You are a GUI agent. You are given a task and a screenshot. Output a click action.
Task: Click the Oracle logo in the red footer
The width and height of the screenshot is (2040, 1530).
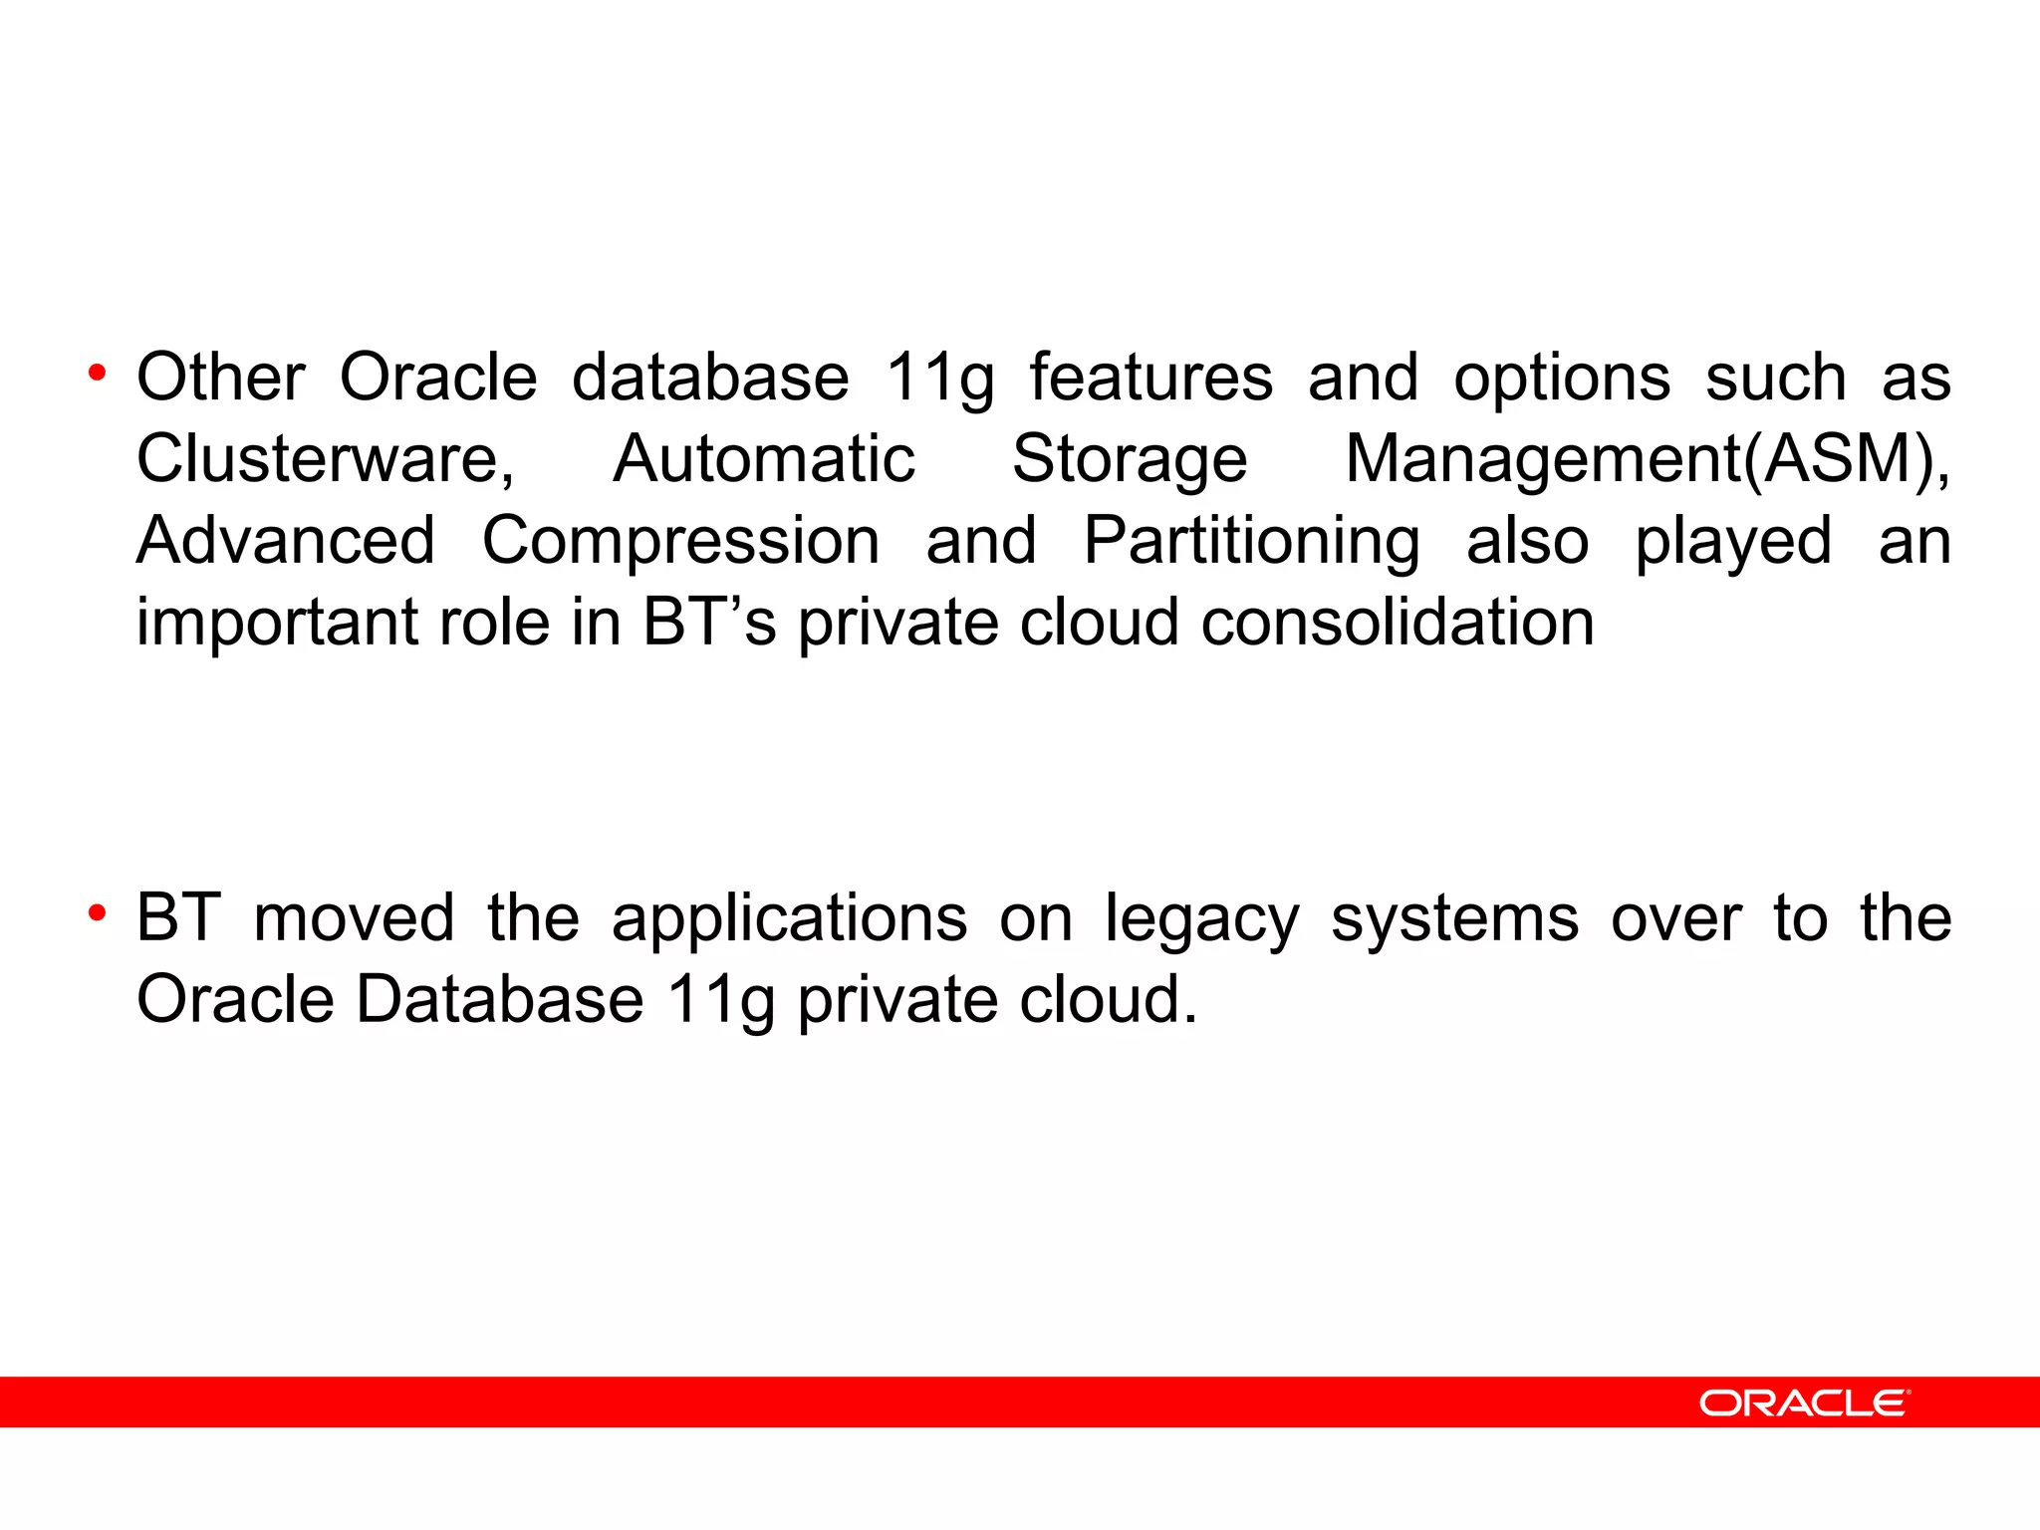(1804, 1402)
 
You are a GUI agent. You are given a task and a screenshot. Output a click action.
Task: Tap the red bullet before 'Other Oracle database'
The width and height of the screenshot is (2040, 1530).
(97, 375)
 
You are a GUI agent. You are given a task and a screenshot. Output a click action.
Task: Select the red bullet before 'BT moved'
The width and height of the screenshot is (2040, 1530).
(97, 913)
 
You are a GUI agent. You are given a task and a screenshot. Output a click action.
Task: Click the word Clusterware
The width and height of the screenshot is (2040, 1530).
(324, 459)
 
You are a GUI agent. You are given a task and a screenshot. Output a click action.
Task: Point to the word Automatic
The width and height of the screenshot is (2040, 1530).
(764, 459)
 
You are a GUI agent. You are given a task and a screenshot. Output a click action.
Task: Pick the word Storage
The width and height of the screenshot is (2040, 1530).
(1130, 459)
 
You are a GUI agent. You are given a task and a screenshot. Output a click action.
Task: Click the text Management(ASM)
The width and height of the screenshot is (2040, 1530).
(1646, 459)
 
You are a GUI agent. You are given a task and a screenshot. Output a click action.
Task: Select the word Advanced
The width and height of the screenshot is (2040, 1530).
(286, 541)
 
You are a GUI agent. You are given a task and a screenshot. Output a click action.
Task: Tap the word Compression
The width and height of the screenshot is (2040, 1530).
(681, 541)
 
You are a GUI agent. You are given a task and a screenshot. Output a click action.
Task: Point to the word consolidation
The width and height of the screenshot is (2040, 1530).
(1398, 623)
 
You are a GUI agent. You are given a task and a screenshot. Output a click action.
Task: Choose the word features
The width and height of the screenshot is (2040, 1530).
(1151, 378)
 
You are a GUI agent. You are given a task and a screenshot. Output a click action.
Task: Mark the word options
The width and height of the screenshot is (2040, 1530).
(1562, 380)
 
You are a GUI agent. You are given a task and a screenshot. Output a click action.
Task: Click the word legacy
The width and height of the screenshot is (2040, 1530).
(1201, 919)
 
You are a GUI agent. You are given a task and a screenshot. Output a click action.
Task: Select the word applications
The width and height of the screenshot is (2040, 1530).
(789, 919)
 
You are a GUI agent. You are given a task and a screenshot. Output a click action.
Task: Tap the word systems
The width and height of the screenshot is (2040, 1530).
(1454, 919)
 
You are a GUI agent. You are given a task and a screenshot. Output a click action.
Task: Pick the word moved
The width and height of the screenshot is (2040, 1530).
(354, 917)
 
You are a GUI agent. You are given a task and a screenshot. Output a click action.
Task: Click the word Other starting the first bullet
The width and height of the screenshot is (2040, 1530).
(220, 378)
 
